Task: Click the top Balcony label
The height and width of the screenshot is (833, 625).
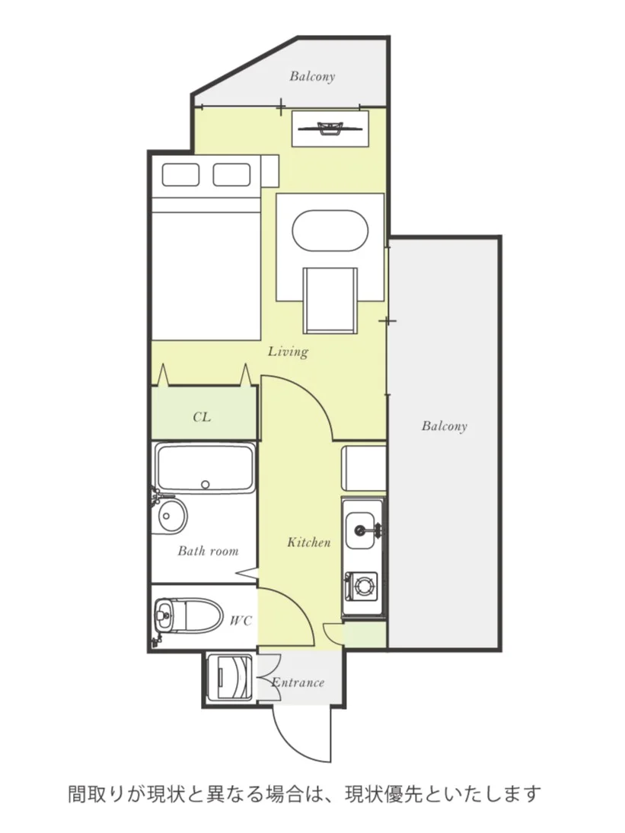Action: [x=312, y=77]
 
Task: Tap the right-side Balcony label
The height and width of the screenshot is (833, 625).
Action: [x=445, y=426]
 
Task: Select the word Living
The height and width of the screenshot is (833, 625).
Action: [x=288, y=351]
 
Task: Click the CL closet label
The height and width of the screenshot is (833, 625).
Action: [x=202, y=417]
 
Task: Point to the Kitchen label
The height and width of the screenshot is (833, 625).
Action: [x=309, y=542]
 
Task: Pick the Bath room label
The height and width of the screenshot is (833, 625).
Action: [x=208, y=551]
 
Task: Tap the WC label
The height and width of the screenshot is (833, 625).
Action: [x=241, y=621]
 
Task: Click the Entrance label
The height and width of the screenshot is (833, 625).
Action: [x=298, y=682]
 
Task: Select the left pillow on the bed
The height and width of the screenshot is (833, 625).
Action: [x=180, y=175]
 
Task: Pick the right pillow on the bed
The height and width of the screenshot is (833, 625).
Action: [x=231, y=175]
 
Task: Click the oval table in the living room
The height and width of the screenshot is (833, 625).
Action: [x=330, y=231]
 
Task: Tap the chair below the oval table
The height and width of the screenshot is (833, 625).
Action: [x=330, y=300]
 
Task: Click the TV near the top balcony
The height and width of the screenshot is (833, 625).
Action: [x=330, y=128]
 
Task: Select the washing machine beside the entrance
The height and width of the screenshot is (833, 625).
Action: [x=230, y=678]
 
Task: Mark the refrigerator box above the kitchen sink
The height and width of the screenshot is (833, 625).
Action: [x=364, y=469]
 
